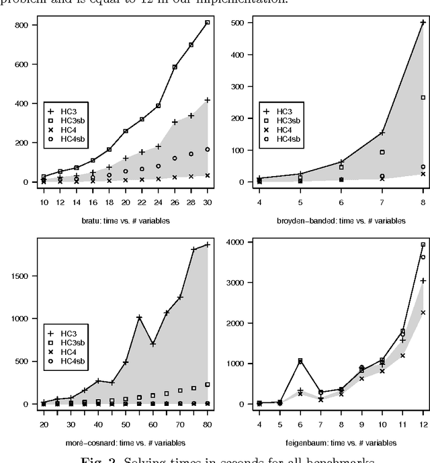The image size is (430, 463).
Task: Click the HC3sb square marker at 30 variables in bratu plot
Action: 207,22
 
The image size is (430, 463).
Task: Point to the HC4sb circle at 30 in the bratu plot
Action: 207,149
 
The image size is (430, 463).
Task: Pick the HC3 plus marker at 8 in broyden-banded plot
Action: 423,22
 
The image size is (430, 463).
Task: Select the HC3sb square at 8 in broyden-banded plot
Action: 423,97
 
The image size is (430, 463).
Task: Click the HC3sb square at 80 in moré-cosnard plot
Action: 207,384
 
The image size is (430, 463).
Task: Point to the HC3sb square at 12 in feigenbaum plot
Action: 423,245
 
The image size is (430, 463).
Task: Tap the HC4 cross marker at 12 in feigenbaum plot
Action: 423,312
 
